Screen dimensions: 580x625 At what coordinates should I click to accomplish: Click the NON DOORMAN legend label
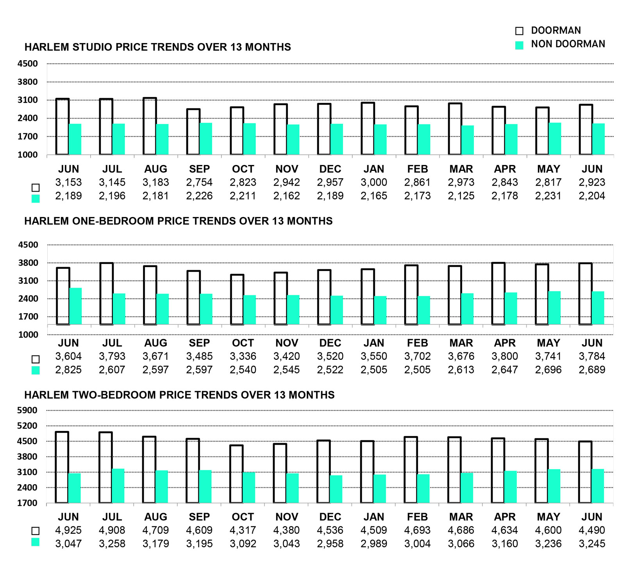(568, 44)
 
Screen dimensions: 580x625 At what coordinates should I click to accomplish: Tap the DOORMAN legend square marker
(519, 31)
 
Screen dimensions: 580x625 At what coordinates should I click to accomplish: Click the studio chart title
(157, 47)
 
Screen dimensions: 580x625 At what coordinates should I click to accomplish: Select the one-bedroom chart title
(178, 221)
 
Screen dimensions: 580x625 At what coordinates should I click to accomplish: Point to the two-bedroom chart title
(179, 395)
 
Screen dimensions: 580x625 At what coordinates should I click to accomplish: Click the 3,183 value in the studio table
(155, 182)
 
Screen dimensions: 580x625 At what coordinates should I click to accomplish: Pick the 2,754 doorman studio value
(199, 182)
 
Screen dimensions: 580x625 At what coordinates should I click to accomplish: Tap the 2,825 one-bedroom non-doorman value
(68, 370)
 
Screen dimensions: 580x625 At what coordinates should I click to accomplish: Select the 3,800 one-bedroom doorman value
(505, 356)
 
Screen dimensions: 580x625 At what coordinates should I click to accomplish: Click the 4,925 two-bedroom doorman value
(68, 530)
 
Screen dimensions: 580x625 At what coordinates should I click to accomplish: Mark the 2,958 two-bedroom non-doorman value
(330, 544)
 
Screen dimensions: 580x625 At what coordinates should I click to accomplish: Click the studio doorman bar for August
(150, 126)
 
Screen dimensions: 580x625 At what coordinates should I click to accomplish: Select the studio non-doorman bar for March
(468, 140)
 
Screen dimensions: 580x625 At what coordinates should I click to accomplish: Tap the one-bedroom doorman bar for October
(237, 300)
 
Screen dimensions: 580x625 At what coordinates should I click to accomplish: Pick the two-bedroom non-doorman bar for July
(118, 486)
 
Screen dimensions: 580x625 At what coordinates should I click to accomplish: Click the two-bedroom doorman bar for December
(323, 471)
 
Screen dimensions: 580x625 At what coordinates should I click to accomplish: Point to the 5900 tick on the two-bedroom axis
(27, 410)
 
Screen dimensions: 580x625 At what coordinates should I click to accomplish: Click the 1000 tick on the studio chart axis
(27, 155)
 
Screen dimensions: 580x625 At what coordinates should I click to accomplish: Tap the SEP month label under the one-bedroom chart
(199, 343)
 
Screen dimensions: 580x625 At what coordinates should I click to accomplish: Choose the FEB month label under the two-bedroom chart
(417, 517)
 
